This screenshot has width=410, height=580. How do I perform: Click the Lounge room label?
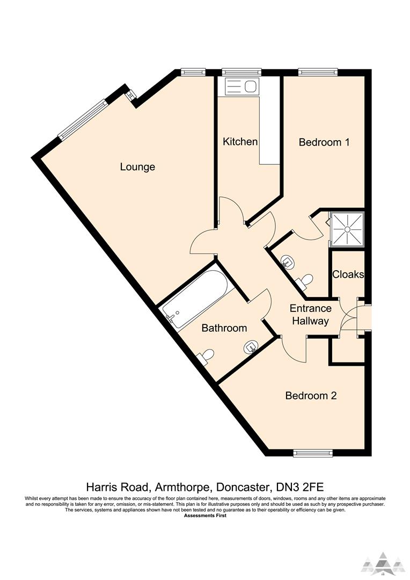[137, 167]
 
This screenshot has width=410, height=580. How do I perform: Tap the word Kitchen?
[240, 142]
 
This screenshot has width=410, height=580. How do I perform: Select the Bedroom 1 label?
[324, 142]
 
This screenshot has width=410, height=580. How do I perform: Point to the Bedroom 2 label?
[311, 396]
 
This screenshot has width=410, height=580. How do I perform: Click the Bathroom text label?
[224, 328]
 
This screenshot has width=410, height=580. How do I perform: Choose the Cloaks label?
[348, 274]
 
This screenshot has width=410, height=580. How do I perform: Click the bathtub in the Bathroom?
[197, 299]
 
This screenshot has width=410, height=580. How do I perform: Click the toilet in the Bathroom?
[206, 356]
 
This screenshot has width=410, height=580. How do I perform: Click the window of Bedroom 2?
[313, 454]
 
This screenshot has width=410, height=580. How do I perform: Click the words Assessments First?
[205, 516]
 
